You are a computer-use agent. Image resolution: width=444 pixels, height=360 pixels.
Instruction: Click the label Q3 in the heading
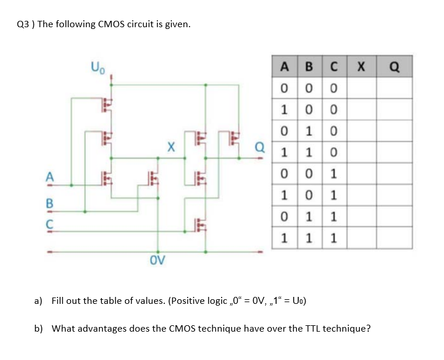coord(23,24)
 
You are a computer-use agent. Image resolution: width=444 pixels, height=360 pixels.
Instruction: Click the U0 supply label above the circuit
coord(97,64)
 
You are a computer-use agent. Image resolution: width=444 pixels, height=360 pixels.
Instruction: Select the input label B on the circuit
coord(50,204)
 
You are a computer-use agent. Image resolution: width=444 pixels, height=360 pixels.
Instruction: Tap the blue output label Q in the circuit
coord(259,146)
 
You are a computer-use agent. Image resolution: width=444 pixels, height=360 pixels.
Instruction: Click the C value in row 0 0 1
coord(334,174)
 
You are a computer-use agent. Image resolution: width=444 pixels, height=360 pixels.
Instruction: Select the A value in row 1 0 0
coord(283,110)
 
